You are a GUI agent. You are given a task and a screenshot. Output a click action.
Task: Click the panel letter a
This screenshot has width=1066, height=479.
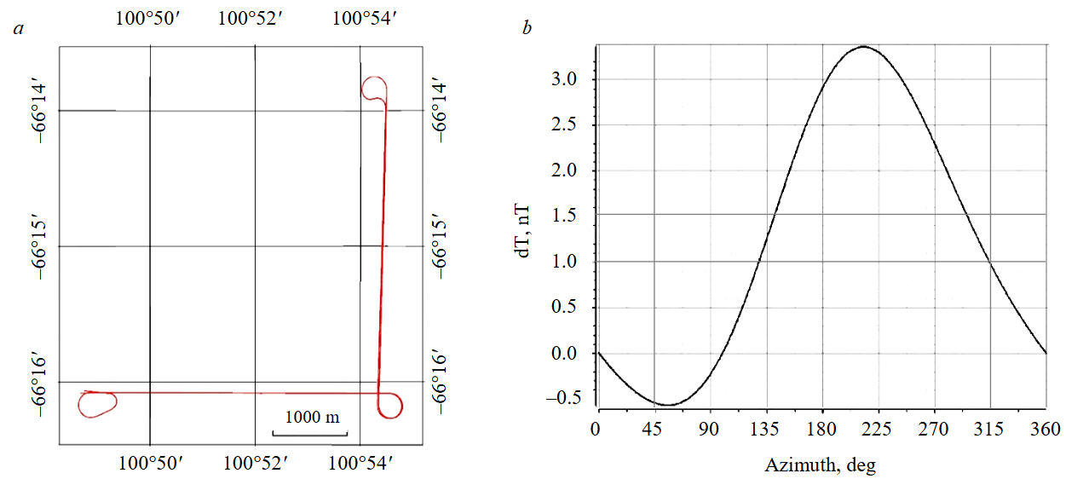(18, 30)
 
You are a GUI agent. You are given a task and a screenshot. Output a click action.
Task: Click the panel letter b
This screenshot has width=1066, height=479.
(527, 30)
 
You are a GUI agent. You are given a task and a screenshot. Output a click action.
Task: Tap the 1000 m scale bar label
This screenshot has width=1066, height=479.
(312, 418)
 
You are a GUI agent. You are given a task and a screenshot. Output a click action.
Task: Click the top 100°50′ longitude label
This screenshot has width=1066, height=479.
(149, 19)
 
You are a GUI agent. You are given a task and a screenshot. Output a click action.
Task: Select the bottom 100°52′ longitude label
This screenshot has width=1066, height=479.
(255, 463)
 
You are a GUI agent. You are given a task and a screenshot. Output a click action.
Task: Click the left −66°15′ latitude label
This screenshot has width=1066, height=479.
(43, 246)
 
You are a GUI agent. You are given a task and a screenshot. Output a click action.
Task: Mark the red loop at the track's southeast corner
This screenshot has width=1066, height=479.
(390, 405)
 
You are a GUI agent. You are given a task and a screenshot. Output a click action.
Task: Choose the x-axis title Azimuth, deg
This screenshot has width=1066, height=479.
(820, 465)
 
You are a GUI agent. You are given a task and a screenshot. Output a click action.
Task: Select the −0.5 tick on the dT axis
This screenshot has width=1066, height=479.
(565, 399)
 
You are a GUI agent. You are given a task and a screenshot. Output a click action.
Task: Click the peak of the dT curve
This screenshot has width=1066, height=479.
(864, 46)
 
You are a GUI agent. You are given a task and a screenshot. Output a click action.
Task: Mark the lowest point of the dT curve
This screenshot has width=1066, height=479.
(667, 405)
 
